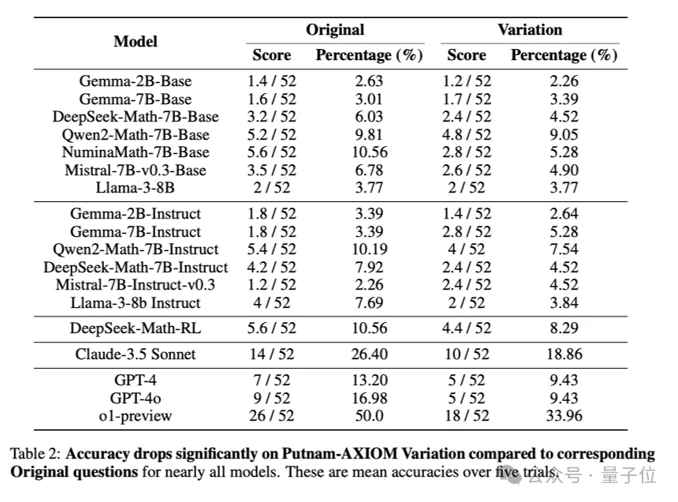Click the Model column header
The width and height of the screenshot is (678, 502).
[x=136, y=42]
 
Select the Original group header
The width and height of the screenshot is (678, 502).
[x=335, y=30]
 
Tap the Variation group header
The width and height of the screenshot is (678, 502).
[x=530, y=30]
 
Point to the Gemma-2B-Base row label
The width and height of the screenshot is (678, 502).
[x=136, y=81]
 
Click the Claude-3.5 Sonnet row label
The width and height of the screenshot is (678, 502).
[x=136, y=354]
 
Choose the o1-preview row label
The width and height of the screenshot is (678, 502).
[x=136, y=415]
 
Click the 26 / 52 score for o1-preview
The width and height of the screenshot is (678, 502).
[x=271, y=415]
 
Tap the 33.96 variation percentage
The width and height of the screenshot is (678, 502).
[x=564, y=415]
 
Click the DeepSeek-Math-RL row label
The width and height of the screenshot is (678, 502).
[x=136, y=328]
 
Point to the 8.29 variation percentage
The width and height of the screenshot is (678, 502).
[x=564, y=328]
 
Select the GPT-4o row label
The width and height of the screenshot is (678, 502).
[x=136, y=398]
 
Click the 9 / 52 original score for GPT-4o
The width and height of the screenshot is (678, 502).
[x=271, y=398]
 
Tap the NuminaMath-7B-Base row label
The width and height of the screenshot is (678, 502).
[x=136, y=152]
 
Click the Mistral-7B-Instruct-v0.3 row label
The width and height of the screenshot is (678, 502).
[x=136, y=285]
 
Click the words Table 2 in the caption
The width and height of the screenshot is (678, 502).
[x=35, y=454]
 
